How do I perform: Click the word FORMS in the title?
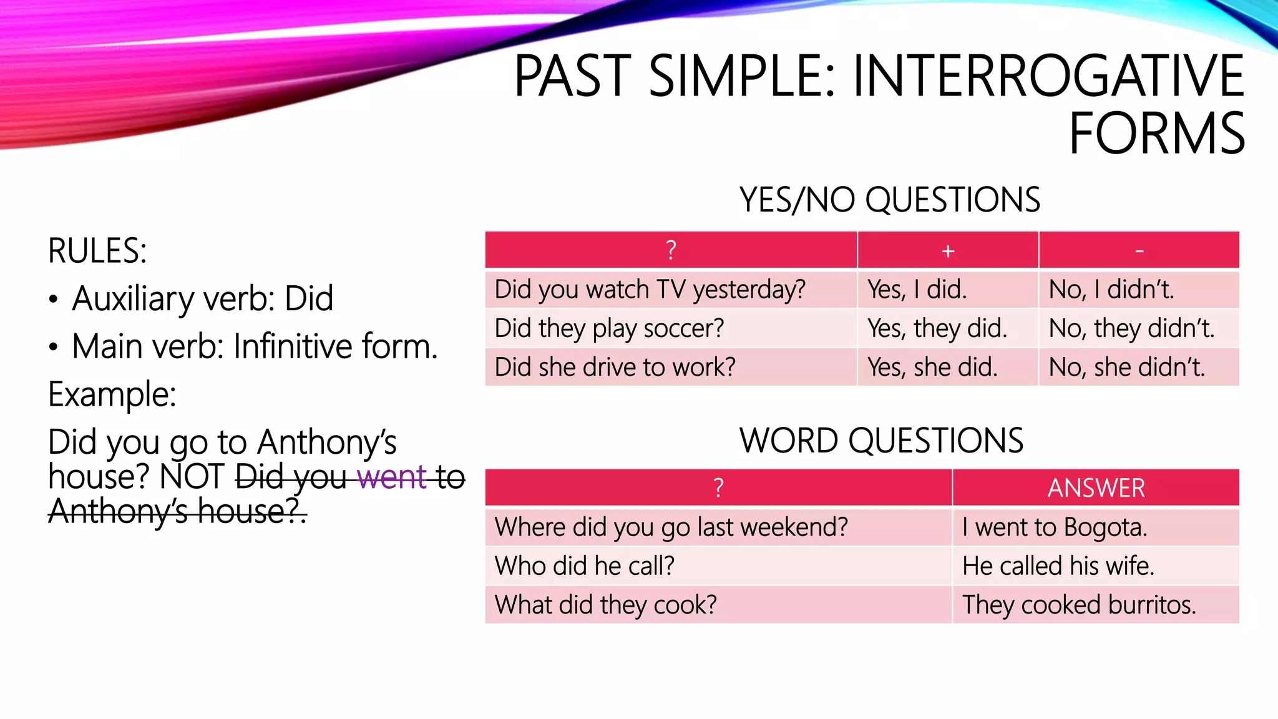coord(1156,134)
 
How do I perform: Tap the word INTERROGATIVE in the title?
coord(1048,76)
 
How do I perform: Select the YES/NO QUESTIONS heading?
coord(889,200)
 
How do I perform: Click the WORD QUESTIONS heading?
coord(881,441)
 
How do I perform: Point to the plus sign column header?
coord(948,251)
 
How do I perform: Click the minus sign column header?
coord(1139,251)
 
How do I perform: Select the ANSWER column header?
coord(1096,488)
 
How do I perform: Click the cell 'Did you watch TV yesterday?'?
coord(650,290)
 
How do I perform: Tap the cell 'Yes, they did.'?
coord(937,328)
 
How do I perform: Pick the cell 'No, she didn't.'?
coord(1126,367)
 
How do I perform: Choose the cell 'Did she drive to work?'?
coord(615,367)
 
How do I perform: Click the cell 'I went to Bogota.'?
coord(1054,527)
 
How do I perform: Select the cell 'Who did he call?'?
coord(584,566)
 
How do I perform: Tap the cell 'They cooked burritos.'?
coord(1078,605)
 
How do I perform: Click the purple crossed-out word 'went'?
coord(392,477)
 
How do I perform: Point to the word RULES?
coord(97,251)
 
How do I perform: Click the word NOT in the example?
coord(192,477)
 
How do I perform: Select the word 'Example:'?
coord(112,394)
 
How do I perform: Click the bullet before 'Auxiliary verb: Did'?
coord(54,300)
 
